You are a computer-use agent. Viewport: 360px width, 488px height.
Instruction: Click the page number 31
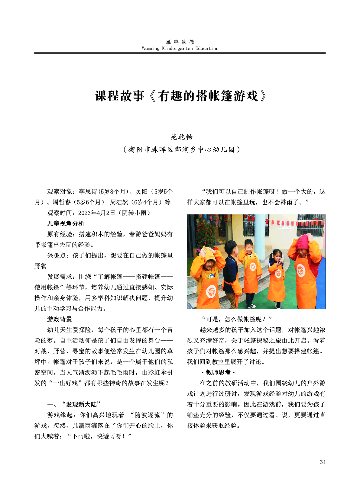click(323, 462)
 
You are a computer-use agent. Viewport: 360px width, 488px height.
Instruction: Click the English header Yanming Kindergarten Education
click(180, 48)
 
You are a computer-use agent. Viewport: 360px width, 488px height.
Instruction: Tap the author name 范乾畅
click(181, 137)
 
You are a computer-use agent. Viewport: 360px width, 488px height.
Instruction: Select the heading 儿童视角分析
click(66, 223)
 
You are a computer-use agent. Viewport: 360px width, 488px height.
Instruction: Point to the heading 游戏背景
click(59, 319)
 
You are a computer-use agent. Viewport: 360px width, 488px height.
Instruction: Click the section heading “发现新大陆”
click(81, 404)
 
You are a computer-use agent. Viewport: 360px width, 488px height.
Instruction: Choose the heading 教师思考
click(218, 372)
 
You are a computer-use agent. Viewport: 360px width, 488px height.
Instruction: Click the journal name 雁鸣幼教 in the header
click(180, 42)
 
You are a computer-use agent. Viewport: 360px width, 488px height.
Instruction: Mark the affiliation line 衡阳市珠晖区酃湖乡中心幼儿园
click(181, 149)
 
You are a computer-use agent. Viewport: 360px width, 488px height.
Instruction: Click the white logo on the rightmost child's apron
click(300, 270)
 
